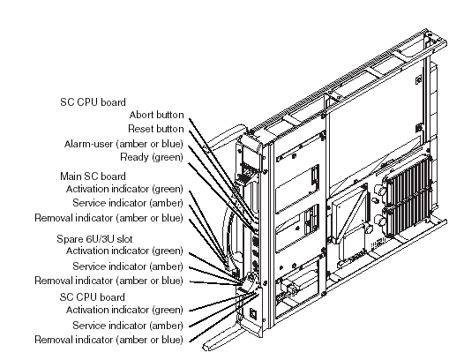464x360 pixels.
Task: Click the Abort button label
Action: (x=156, y=115)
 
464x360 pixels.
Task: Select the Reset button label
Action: (x=156, y=129)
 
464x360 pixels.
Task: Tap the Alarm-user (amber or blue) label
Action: (x=123, y=144)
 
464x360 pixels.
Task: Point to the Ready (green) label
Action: (x=152, y=157)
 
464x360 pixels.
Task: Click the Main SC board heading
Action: (x=93, y=176)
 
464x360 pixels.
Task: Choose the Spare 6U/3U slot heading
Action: (x=94, y=239)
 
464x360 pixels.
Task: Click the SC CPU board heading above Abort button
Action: (x=93, y=102)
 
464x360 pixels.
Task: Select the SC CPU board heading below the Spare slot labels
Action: (x=93, y=297)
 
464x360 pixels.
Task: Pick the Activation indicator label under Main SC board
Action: (x=124, y=189)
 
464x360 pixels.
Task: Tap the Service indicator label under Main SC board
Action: (x=128, y=203)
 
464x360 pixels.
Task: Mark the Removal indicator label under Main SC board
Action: (x=109, y=218)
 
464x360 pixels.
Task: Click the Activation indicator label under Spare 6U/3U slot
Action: (x=124, y=251)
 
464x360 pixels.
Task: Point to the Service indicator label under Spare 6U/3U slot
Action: (x=128, y=266)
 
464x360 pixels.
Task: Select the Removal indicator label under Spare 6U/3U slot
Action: (x=109, y=281)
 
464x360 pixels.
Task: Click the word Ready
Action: (x=134, y=157)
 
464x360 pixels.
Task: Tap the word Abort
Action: (x=141, y=115)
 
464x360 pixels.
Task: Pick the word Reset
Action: (x=140, y=129)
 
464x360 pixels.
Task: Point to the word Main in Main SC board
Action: (x=71, y=176)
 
